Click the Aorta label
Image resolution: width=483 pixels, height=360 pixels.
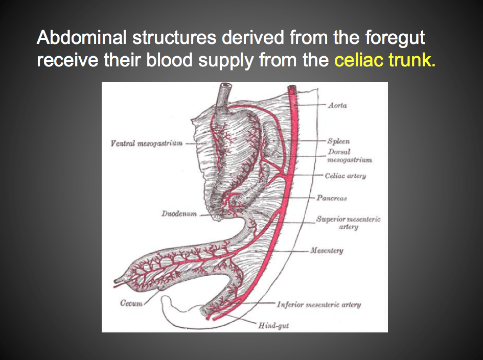[x=337, y=105]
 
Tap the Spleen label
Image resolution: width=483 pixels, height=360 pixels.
[x=339, y=141]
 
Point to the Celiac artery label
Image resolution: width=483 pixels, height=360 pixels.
[x=345, y=176]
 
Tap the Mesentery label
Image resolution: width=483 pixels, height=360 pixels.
[x=327, y=251]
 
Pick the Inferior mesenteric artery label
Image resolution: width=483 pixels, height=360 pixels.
[x=319, y=305]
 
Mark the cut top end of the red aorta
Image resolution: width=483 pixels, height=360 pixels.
[x=293, y=88]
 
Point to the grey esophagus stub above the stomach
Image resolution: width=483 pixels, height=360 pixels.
[x=224, y=95]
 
